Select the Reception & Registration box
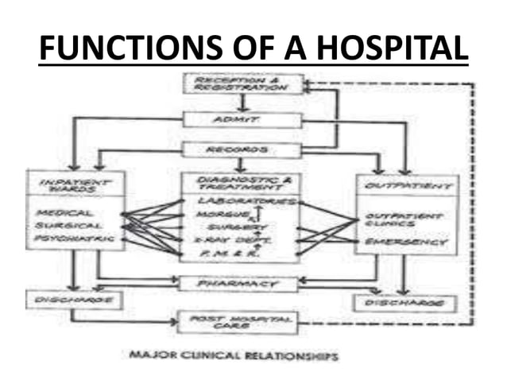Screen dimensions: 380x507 click(242, 83)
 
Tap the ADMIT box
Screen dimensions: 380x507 click(242, 120)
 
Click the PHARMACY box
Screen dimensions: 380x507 click(238, 283)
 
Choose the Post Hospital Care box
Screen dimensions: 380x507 click(238, 322)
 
